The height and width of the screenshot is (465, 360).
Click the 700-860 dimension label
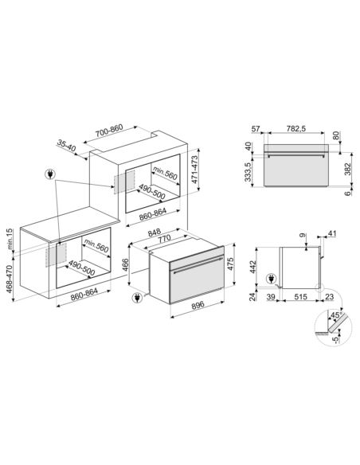[x=109, y=131]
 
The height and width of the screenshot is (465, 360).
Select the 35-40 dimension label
[x=66, y=145]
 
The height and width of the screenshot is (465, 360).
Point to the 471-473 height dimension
[x=194, y=170]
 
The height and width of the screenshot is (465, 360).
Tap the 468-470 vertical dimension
[x=10, y=279]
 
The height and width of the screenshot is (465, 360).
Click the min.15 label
[x=10, y=239]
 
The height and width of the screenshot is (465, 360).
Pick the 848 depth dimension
[x=155, y=232]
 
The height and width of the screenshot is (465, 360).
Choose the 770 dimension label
[x=164, y=239]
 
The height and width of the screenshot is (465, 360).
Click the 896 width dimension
[x=198, y=305]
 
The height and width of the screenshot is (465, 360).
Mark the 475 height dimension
[x=230, y=264]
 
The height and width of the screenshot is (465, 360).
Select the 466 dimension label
[x=125, y=265]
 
